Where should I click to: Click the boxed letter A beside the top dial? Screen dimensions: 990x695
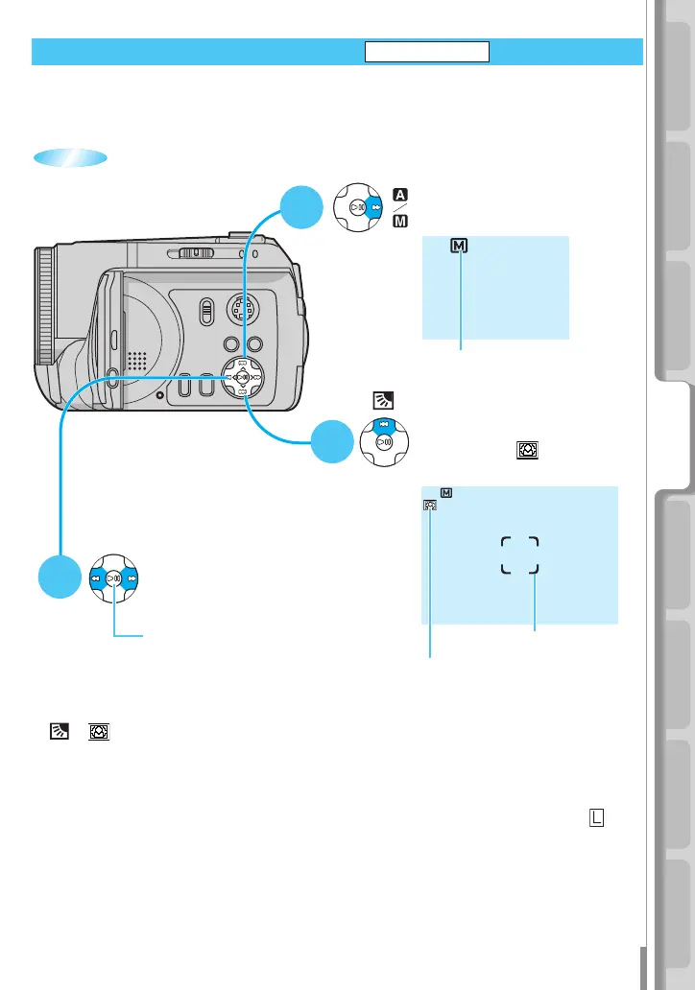tap(400, 193)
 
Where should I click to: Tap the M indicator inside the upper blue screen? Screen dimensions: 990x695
tap(460, 247)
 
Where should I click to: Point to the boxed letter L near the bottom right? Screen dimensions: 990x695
tap(597, 816)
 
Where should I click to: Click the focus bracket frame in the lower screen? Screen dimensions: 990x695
tap(519, 555)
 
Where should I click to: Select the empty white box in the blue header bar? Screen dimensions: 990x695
tap(427, 52)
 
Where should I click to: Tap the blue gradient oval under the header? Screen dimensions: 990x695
tap(70, 158)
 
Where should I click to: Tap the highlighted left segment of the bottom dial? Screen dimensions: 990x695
tap(96, 578)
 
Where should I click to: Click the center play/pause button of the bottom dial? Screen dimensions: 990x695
tap(114, 579)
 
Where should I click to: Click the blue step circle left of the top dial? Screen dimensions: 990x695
tap(303, 206)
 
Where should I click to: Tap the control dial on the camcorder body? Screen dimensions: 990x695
tap(244, 377)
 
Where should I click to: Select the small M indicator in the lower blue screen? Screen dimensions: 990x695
tap(446, 493)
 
